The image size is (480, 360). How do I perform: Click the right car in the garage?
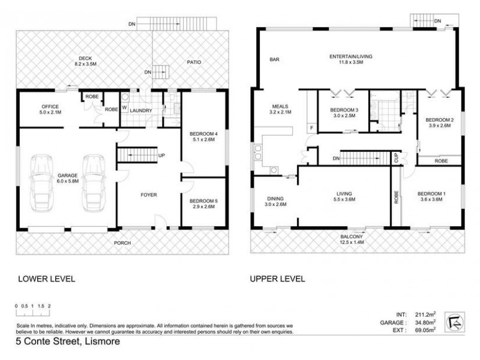tap(94, 182)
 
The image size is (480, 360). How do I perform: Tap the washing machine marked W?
tap(124, 107)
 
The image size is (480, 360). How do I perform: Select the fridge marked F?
tap(311, 128)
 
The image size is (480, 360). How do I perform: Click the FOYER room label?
tap(149, 194)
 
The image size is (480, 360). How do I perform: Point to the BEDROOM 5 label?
tap(203, 201)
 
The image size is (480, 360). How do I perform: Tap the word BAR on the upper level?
tap(274, 59)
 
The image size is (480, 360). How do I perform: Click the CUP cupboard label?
tap(397, 158)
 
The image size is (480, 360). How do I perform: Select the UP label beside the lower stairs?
tap(161, 155)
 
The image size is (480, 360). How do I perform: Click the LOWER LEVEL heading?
tap(47, 279)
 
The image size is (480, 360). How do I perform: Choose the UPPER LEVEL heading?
tap(277, 279)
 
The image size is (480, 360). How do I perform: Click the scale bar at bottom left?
tap(33, 310)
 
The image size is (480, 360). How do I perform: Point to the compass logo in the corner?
tap(455, 322)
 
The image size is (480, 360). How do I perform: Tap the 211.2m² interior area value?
tap(425, 314)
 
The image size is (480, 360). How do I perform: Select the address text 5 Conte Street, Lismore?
tap(68, 341)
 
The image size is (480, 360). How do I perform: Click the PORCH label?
tap(122, 243)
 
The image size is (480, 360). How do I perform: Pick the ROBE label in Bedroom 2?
tap(441, 161)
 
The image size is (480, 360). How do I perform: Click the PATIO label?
tap(194, 62)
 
